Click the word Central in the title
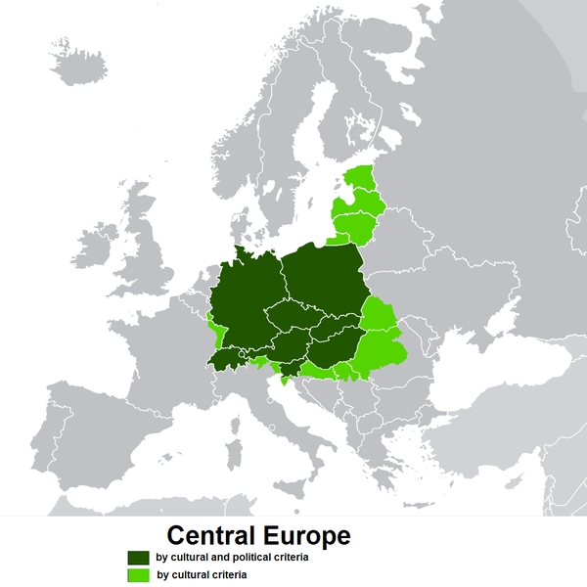(210, 536)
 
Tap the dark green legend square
(137, 557)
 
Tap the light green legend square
(137, 574)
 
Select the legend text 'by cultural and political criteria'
(233, 557)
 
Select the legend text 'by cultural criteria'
(202, 574)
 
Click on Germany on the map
(245, 303)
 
